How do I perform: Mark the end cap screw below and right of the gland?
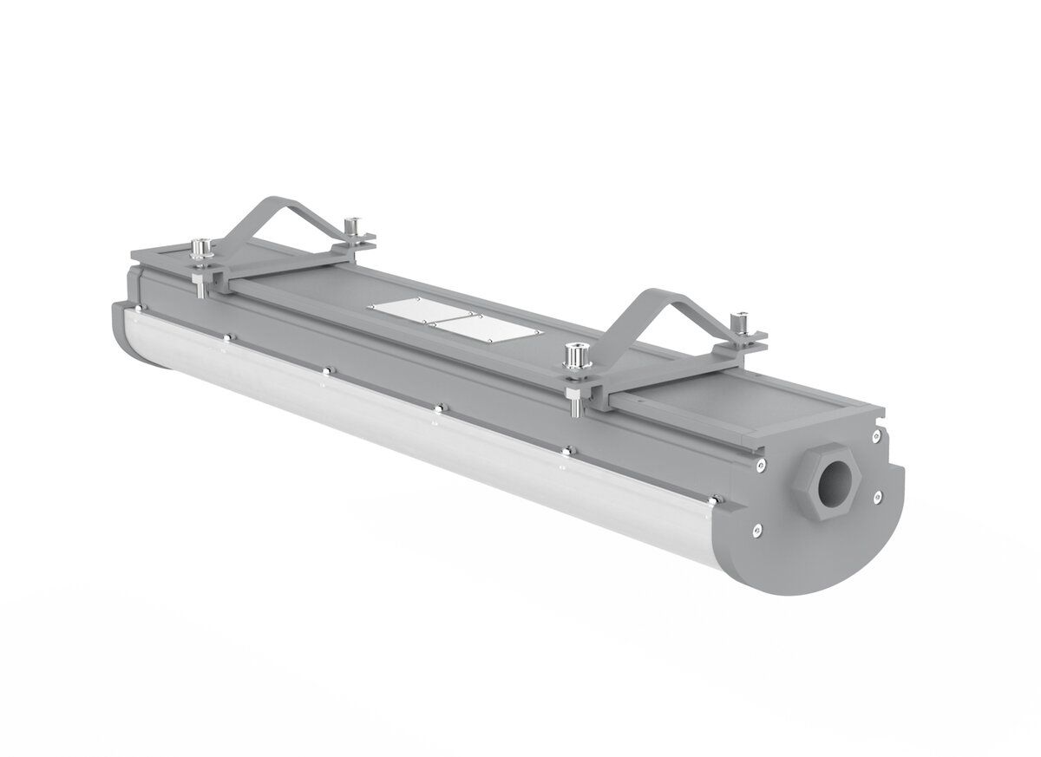[x=878, y=495]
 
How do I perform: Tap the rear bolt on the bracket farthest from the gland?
[x=352, y=227]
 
